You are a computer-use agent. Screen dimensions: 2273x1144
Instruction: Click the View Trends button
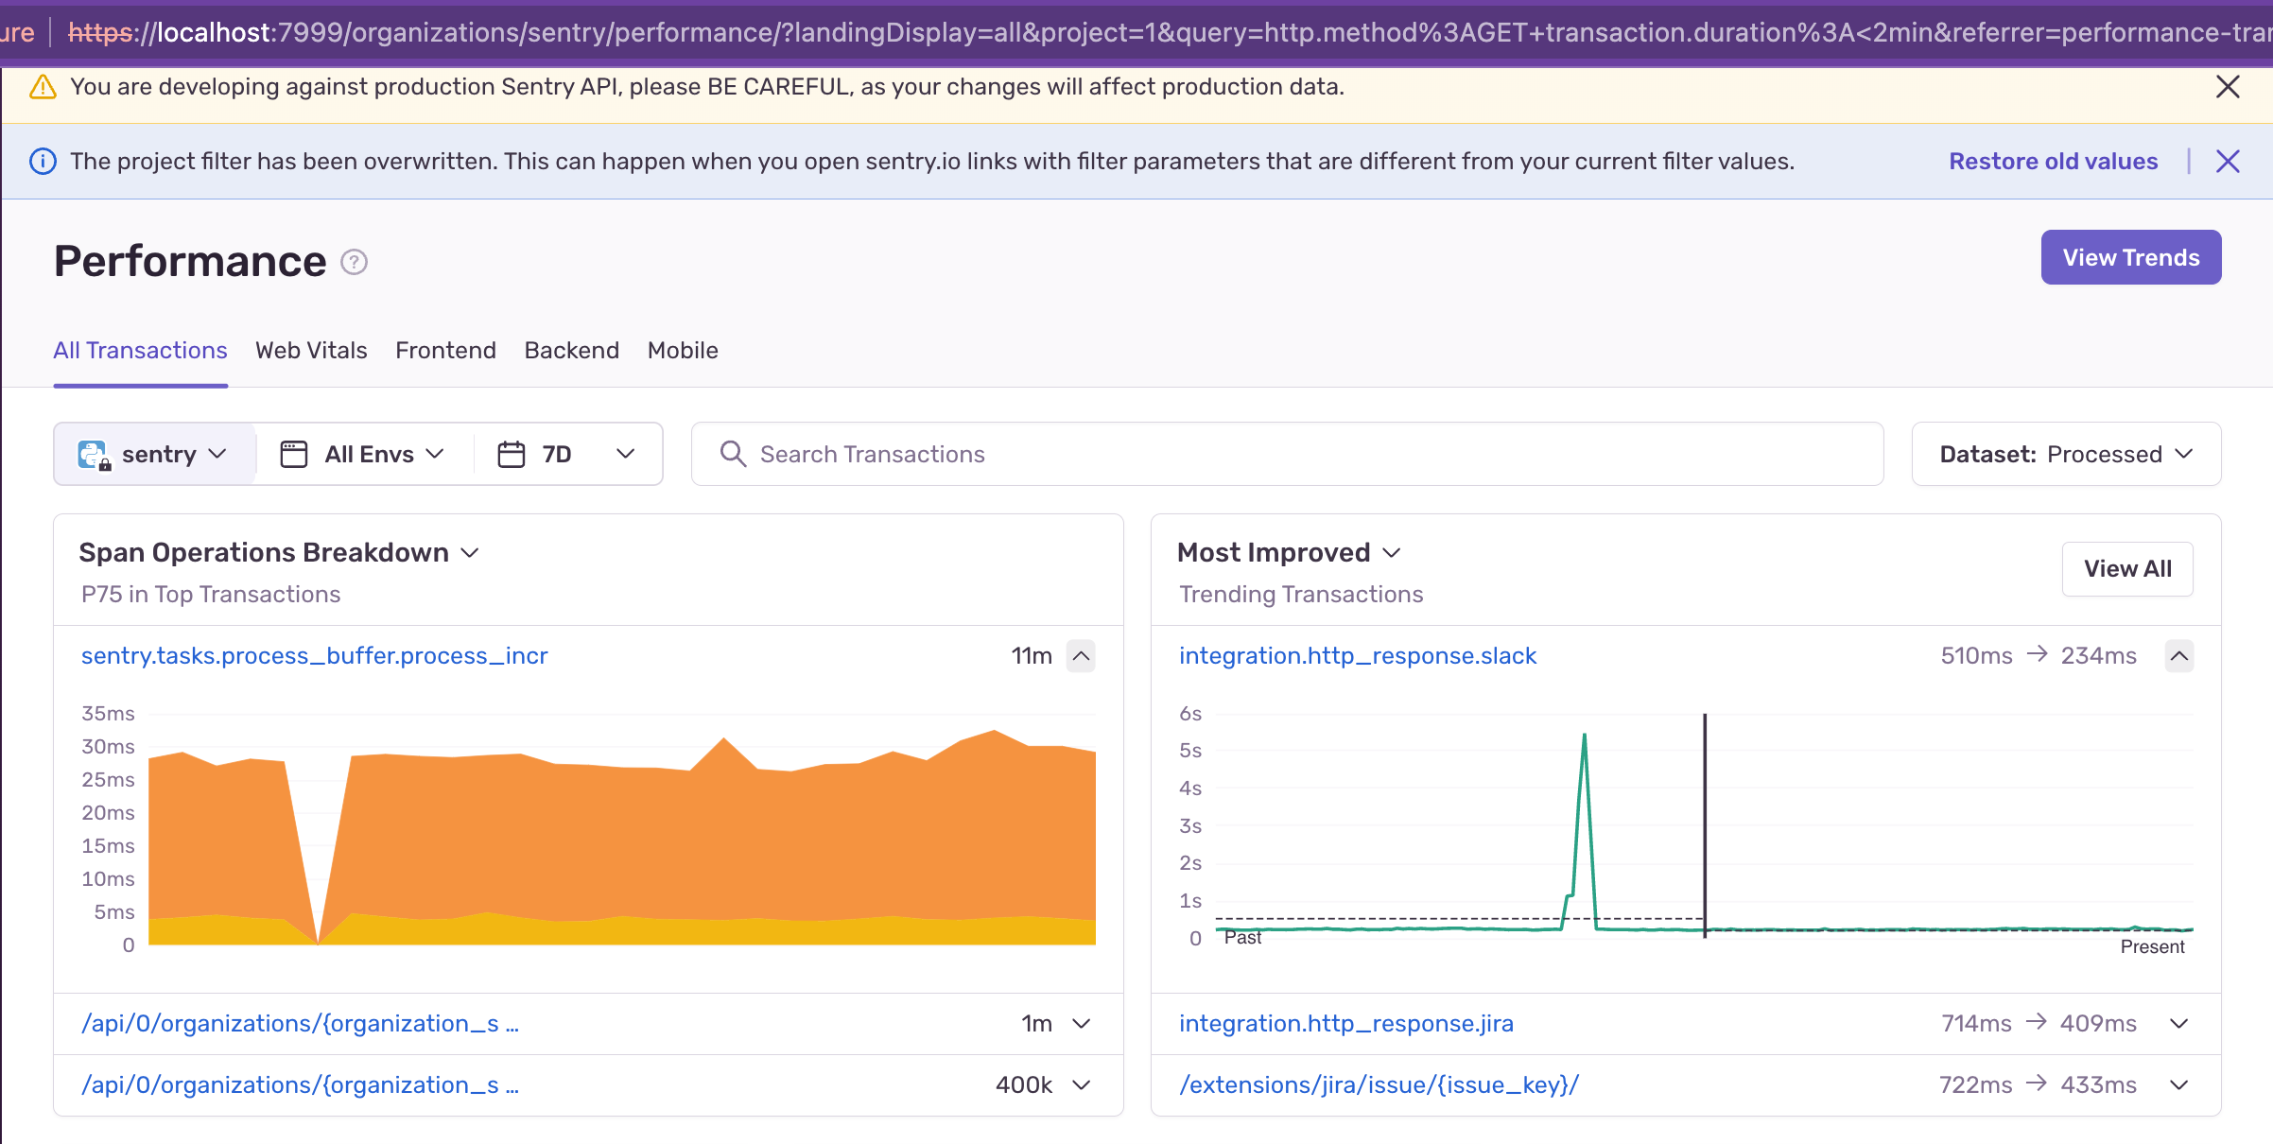[2130, 257]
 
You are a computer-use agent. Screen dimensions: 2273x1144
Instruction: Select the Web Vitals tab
[311, 351]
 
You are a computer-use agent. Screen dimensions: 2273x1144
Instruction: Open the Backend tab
[572, 351]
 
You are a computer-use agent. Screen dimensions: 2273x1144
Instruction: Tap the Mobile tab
[683, 351]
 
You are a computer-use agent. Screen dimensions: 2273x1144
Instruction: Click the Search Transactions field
[1287, 454]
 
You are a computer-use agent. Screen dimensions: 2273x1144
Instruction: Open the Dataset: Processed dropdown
[2066, 454]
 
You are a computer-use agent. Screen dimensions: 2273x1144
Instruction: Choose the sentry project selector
[154, 454]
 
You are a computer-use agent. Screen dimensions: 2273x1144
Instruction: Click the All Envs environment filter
[363, 454]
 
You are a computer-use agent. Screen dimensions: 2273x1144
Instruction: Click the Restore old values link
[2054, 162]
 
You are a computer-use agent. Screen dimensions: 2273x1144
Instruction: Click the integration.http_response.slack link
[1358, 656]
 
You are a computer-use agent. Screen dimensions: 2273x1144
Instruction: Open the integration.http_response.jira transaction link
[1346, 1024]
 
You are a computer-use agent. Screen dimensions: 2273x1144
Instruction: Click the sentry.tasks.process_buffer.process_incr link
[315, 656]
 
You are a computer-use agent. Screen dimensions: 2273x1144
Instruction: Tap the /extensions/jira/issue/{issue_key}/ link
[1379, 1085]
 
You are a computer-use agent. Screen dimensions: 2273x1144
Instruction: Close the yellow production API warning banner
[2228, 87]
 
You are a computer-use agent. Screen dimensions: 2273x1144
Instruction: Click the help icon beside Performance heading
[355, 262]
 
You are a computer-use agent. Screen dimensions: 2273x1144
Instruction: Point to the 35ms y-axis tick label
[108, 714]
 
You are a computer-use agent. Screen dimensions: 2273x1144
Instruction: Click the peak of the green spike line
[1584, 735]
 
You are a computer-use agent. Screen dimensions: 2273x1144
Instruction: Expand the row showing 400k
[1082, 1085]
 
